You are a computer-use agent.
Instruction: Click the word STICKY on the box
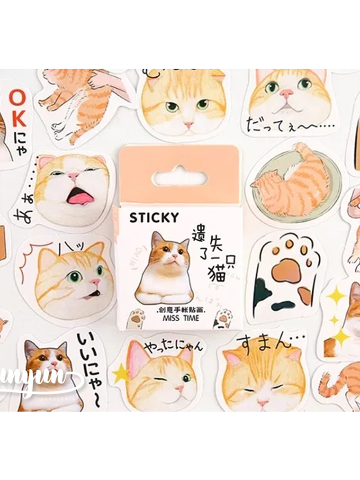point(154,218)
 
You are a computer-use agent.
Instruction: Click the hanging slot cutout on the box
point(180,178)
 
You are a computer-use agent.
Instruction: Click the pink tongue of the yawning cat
point(79,195)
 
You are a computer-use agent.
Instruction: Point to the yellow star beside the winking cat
point(120,374)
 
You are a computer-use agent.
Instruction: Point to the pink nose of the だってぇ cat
point(286,93)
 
